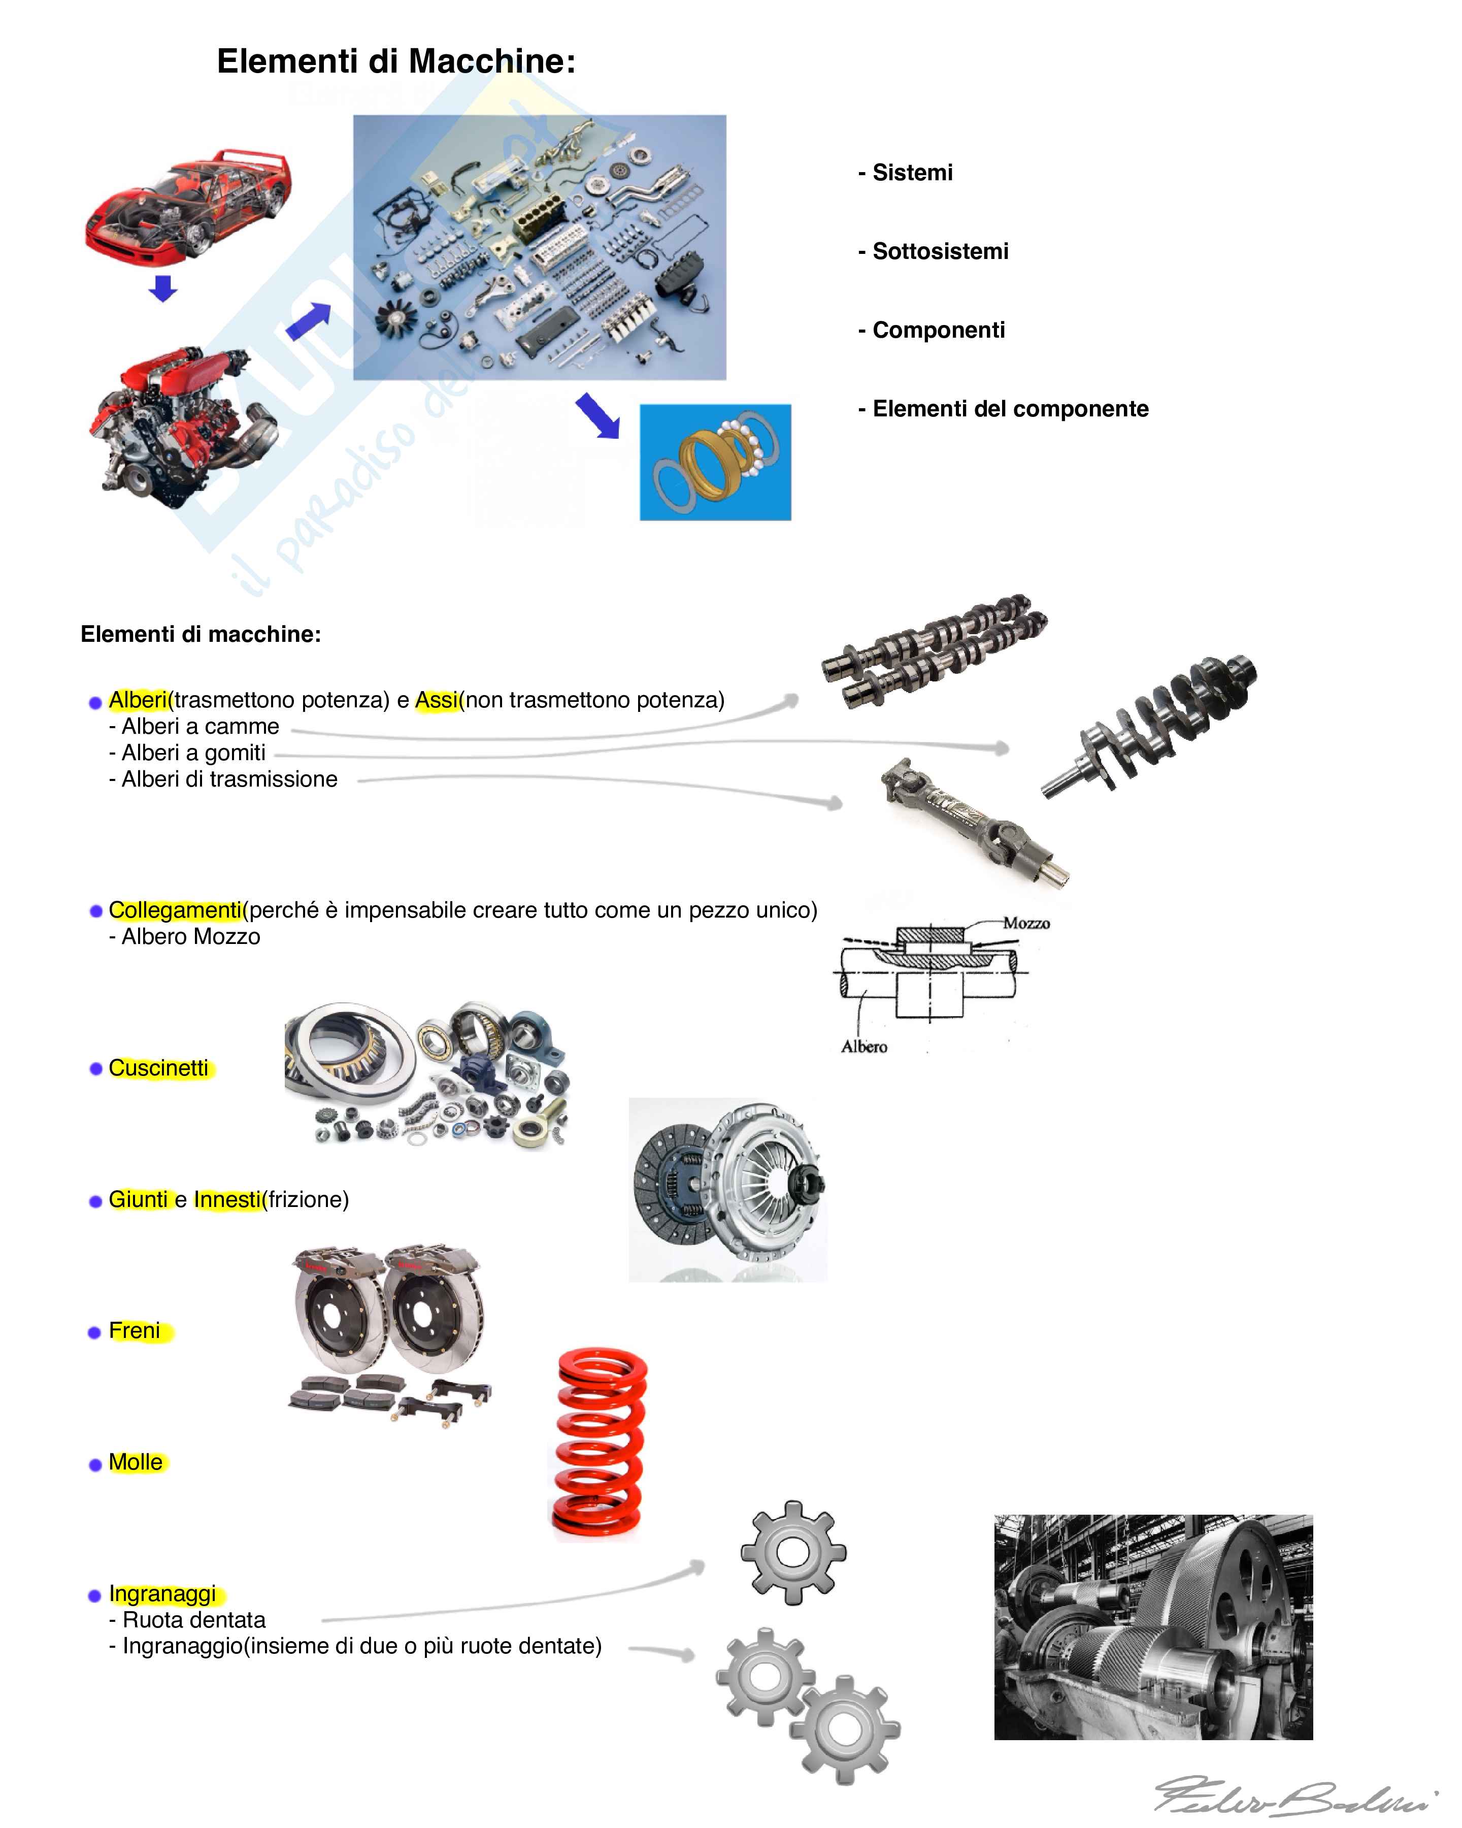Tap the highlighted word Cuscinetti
(x=158, y=1068)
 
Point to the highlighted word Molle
(x=136, y=1462)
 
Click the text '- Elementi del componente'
(x=1004, y=409)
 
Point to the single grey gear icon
(x=793, y=1553)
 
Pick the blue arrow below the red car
(x=163, y=288)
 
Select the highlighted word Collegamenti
(x=176, y=910)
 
